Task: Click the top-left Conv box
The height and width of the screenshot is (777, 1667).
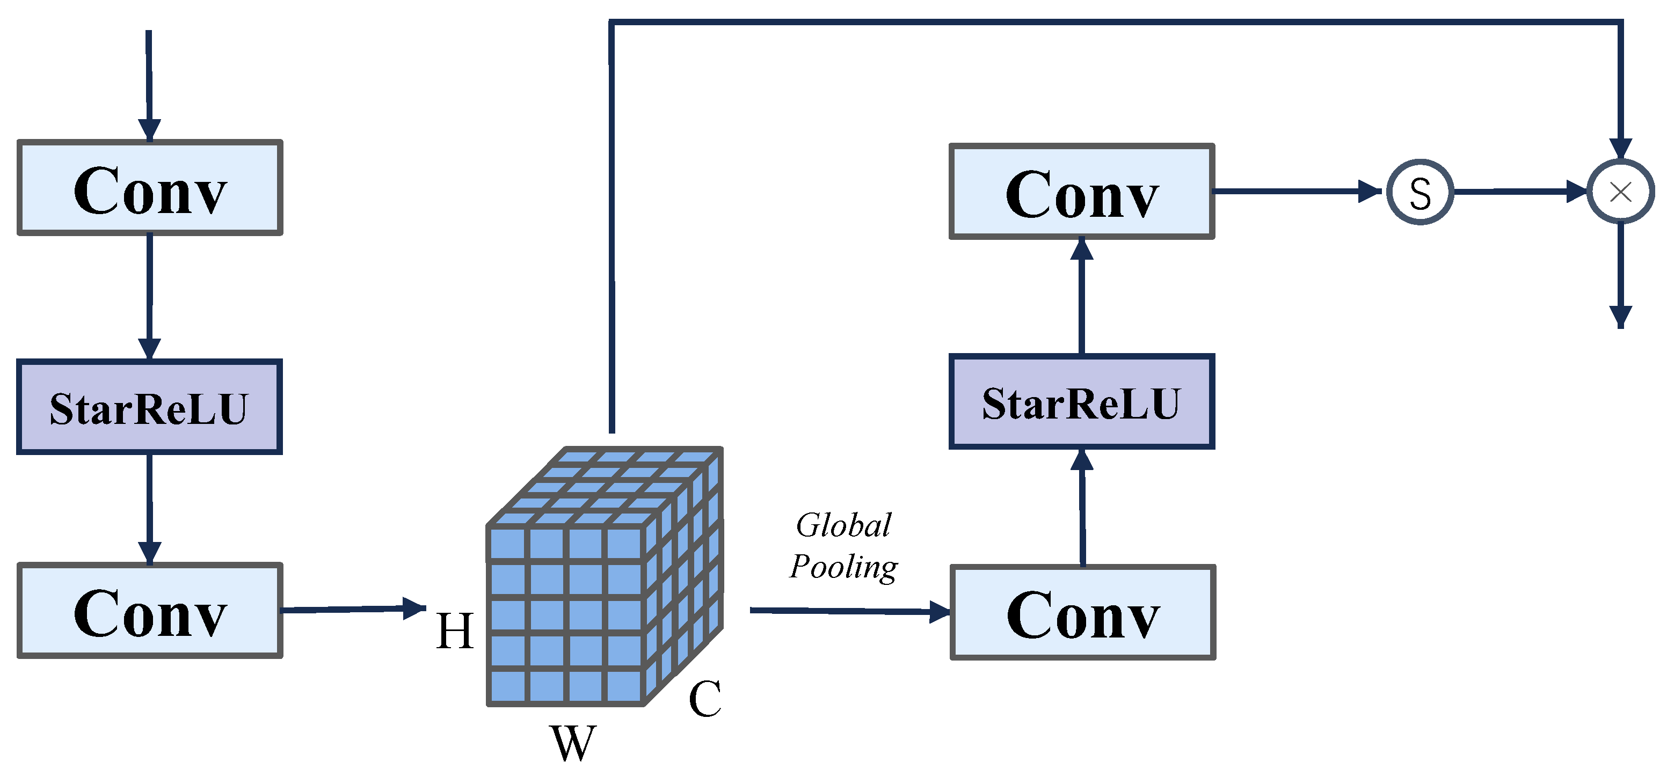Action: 149,188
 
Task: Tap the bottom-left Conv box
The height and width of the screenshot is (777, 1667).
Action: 149,611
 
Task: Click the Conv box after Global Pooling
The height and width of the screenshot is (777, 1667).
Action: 1083,613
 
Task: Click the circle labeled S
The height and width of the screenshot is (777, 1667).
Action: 1421,193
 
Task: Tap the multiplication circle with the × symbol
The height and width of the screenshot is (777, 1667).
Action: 1620,192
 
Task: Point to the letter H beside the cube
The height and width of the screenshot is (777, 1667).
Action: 455,631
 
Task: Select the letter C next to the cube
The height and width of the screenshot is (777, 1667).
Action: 705,699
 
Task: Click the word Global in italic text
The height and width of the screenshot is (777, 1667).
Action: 843,525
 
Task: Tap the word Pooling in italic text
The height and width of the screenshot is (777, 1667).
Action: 843,567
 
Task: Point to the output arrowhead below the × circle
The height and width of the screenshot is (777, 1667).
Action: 1620,316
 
